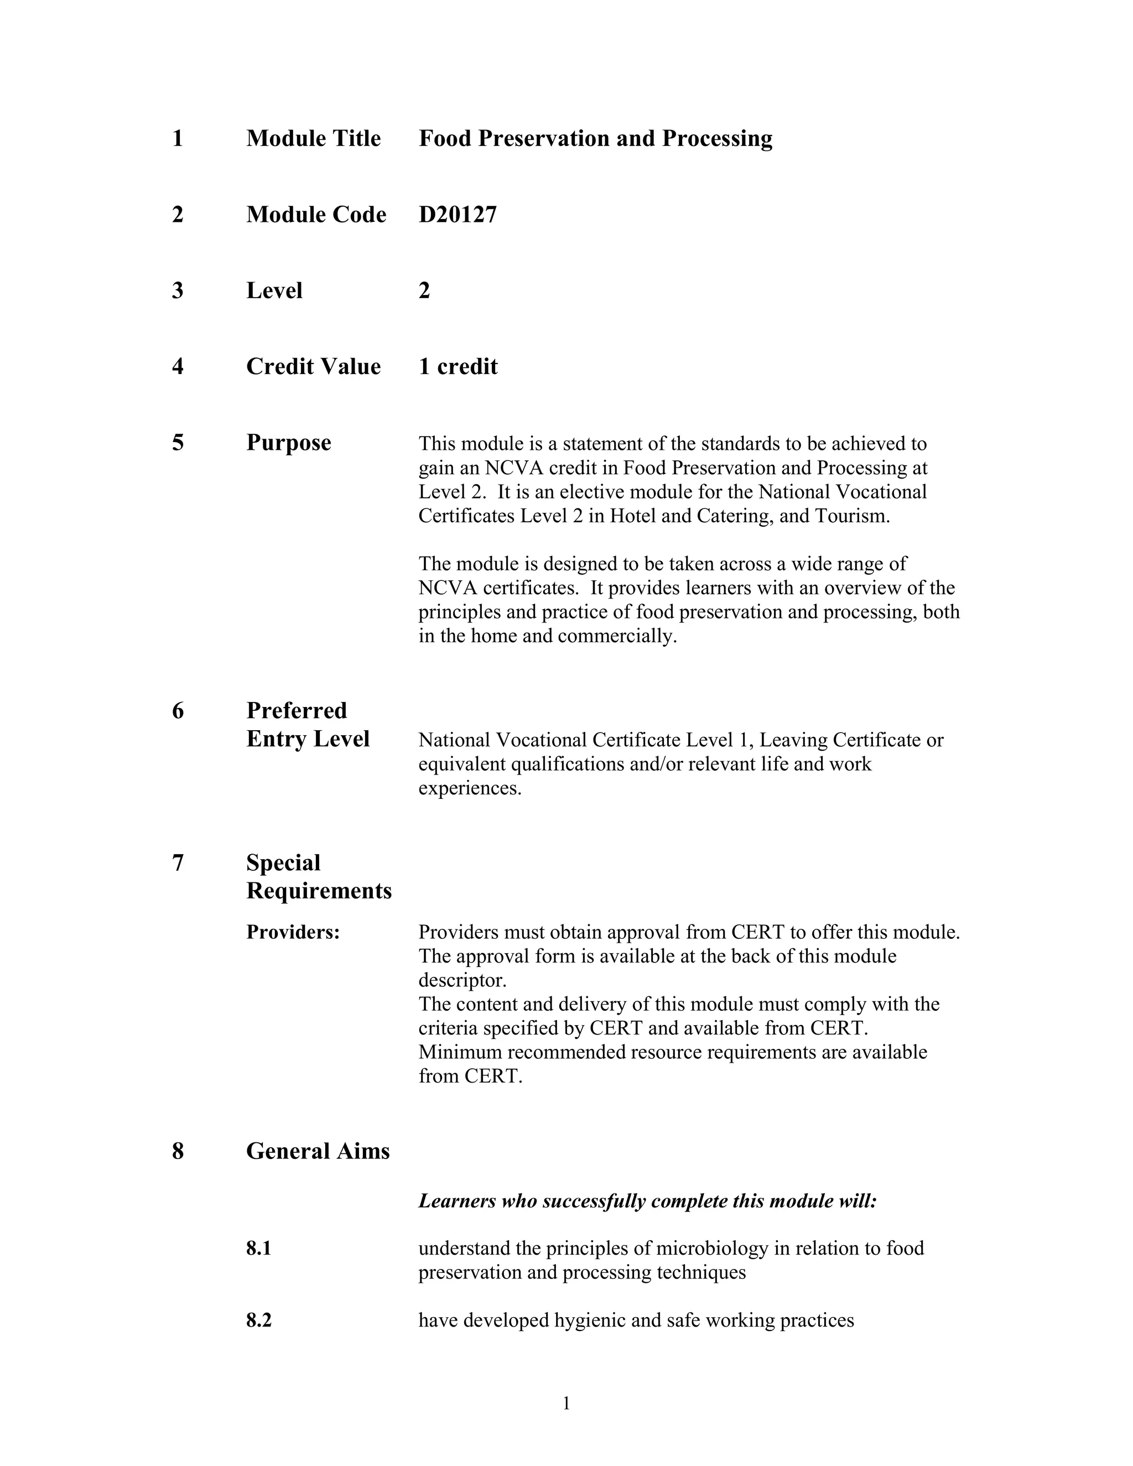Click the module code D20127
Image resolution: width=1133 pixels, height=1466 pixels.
click(457, 215)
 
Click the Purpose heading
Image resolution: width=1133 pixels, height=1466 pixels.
click(289, 443)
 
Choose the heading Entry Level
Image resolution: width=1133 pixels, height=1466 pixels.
click(308, 739)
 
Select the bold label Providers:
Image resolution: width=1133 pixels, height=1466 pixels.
click(293, 932)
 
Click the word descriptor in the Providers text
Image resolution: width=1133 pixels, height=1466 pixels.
click(462, 981)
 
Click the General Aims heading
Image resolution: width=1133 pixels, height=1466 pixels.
click(318, 1152)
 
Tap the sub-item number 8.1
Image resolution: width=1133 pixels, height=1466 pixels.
click(258, 1249)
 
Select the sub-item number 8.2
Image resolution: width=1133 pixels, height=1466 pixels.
click(258, 1321)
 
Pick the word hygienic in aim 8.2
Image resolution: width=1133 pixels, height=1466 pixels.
click(589, 1321)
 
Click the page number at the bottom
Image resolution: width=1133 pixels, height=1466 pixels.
click(566, 1403)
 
